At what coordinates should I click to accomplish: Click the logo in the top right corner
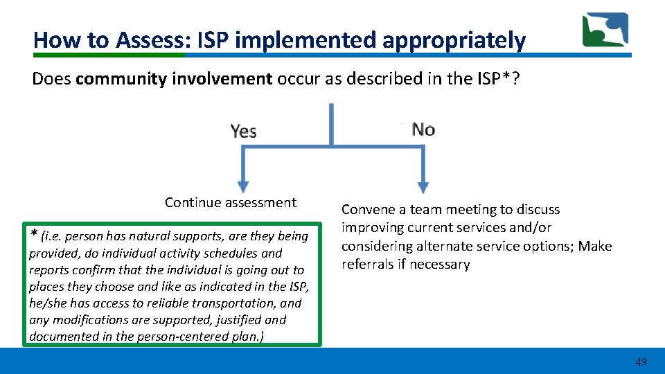(x=605, y=30)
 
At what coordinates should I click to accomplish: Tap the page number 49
(x=641, y=362)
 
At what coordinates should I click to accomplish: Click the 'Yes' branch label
(x=243, y=131)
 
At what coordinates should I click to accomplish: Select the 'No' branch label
(x=423, y=130)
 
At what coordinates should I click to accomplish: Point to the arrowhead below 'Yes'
(x=242, y=186)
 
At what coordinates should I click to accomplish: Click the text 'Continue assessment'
(x=230, y=202)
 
